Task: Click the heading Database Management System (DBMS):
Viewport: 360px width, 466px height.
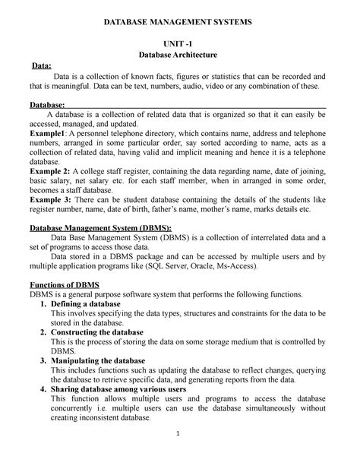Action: [x=99, y=227]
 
